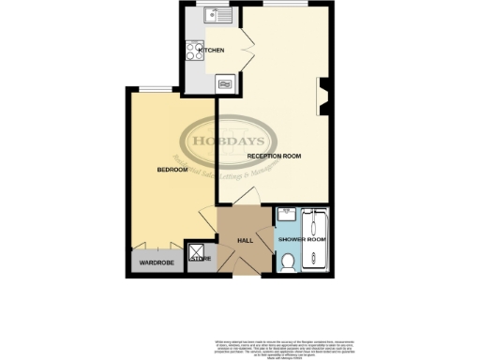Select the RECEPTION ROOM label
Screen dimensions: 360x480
274,155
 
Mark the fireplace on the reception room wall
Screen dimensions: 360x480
324,94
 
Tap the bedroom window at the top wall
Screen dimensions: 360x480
154,87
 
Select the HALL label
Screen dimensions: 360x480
246,241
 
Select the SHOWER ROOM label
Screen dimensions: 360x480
302,241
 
